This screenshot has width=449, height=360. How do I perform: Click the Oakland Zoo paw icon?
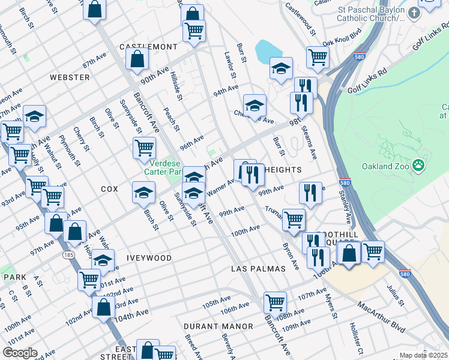(x=418, y=165)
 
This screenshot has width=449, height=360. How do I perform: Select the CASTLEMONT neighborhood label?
(x=148, y=47)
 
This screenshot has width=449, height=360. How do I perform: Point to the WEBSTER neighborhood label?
(x=70, y=77)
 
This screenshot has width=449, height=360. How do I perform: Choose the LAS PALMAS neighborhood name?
(x=258, y=269)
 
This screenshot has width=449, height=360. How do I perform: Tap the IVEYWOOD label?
(x=149, y=258)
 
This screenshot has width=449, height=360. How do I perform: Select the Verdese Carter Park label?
(x=163, y=167)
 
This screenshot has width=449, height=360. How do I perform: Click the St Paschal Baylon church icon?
(x=414, y=13)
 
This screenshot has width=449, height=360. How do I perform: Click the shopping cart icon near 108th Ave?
(x=275, y=302)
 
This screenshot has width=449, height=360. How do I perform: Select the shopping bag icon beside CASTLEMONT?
(x=137, y=59)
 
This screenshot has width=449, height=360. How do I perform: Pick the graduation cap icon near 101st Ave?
(x=103, y=261)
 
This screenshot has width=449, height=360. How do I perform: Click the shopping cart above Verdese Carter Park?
(x=144, y=147)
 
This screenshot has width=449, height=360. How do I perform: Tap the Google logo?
(x=20, y=353)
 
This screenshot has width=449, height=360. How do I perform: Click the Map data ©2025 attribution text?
(x=423, y=355)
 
